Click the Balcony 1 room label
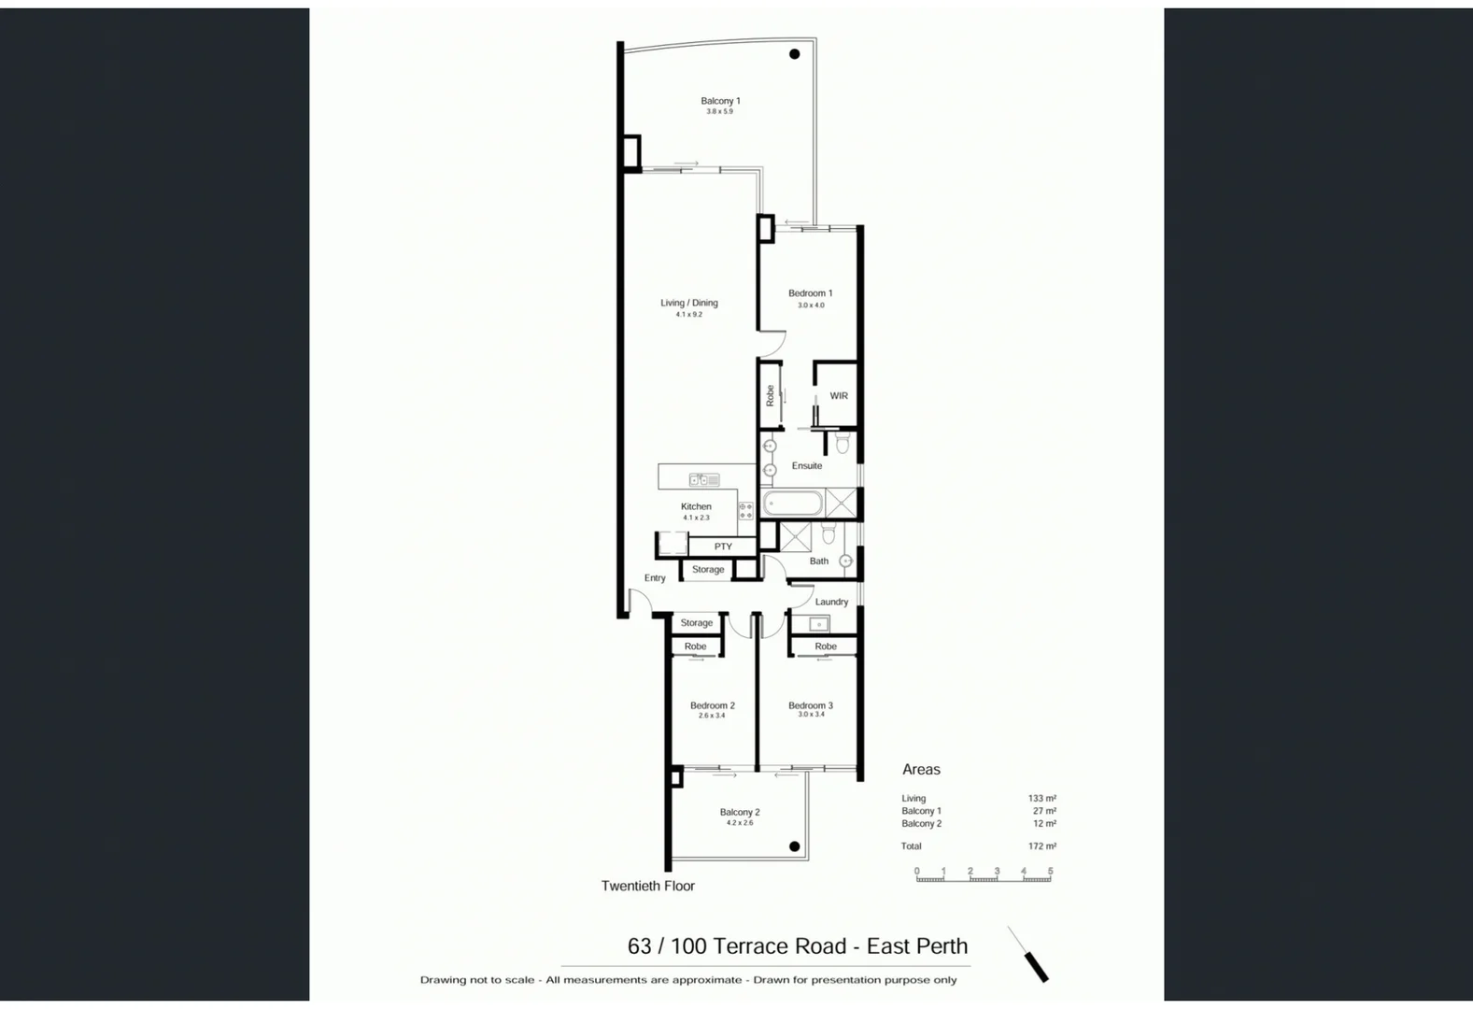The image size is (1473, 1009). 720,101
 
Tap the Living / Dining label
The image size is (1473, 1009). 689,303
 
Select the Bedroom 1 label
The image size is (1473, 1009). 810,293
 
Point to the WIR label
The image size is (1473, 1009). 839,396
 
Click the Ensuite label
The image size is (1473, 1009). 807,466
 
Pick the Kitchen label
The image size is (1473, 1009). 696,506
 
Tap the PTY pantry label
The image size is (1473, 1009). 723,547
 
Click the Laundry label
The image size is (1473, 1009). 831,602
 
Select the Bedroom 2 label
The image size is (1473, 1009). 712,705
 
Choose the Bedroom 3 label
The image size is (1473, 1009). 810,705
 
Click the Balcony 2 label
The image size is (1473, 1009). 740,812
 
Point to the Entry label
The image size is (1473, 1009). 655,578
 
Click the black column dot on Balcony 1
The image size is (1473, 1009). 795,54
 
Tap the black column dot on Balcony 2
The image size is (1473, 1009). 794,846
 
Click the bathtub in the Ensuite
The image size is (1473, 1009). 793,504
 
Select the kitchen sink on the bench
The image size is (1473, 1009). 704,480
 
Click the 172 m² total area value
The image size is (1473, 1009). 1041,846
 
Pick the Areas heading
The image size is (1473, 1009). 921,770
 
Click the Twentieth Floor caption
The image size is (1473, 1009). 648,886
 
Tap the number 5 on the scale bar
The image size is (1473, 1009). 1050,871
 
